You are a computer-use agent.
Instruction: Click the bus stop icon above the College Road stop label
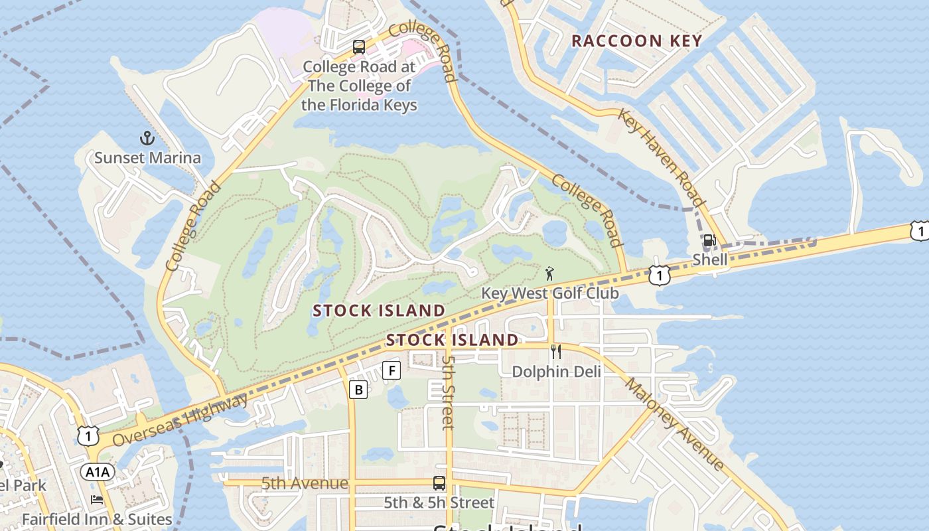coord(359,47)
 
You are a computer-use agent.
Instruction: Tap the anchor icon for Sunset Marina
coord(147,138)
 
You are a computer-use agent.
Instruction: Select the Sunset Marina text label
coord(147,158)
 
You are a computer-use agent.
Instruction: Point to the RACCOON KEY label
coord(636,41)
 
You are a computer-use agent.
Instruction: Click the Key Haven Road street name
coord(661,158)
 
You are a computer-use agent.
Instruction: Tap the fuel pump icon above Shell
coord(709,241)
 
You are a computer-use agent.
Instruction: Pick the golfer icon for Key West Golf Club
coord(549,273)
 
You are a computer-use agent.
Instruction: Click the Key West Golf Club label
coord(549,293)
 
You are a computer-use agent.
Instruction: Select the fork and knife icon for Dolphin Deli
coord(556,352)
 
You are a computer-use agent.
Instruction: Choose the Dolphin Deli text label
coord(556,372)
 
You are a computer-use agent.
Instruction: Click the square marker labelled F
coord(392,370)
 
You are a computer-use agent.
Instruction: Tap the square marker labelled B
coord(358,390)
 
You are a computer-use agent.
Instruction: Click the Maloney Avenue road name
coord(674,423)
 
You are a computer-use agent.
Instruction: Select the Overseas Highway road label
coord(180,420)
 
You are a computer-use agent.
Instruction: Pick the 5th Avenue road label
coord(305,483)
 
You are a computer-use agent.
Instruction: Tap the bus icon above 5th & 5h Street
coord(439,483)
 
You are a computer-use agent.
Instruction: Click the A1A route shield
coord(98,472)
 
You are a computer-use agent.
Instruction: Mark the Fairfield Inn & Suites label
coord(97,519)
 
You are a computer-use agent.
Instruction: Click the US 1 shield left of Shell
coord(658,275)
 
